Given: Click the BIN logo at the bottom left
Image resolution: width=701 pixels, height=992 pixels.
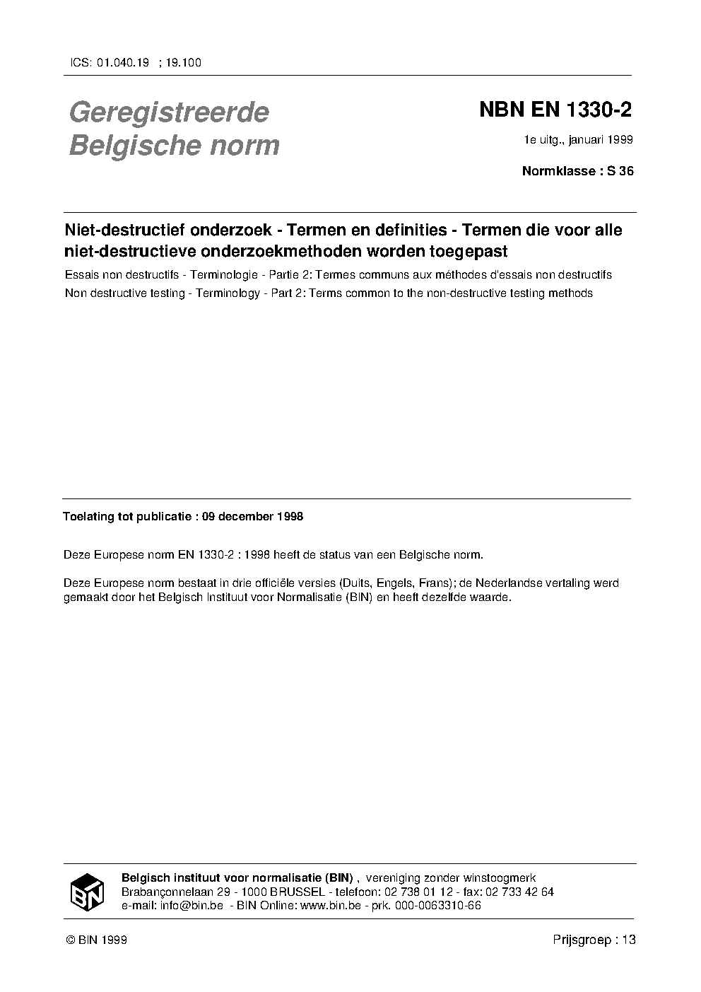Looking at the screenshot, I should point(87,892).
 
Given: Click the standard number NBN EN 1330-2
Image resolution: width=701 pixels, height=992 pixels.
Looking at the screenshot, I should point(555,110).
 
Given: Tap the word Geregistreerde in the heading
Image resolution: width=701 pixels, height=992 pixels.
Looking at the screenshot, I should point(169,112).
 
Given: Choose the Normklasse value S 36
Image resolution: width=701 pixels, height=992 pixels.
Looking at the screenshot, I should point(620,171).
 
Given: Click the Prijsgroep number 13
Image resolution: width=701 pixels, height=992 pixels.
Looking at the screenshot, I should point(629,940).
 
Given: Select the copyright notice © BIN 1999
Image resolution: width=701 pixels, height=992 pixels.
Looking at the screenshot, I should point(96,940).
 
